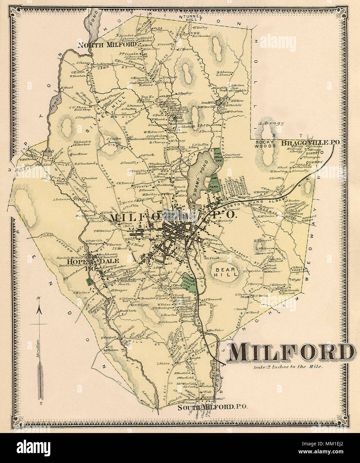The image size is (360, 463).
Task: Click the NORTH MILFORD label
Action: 107,45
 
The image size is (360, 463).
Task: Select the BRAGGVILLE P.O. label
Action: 310,143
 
